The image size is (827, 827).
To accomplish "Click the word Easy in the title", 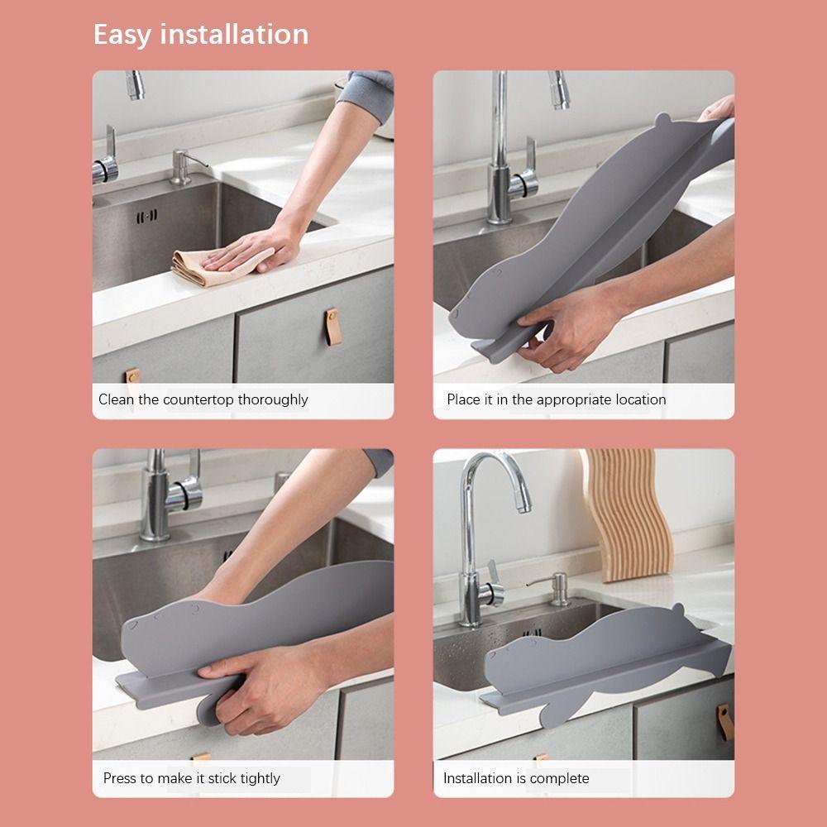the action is tap(123, 36).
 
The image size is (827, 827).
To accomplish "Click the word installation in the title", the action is tap(234, 34).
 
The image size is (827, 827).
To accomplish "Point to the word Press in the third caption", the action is tap(120, 778).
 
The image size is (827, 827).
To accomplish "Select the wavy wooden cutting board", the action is tap(627, 514).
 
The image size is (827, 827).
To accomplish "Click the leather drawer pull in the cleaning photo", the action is tap(332, 327).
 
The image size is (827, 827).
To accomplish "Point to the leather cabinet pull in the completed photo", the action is tap(724, 722).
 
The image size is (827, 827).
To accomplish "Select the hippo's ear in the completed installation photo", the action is tap(678, 609).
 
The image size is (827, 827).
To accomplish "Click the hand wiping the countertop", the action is tap(253, 249).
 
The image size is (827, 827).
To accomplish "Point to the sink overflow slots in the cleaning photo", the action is tap(146, 216).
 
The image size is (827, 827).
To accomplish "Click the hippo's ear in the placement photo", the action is tap(662, 120).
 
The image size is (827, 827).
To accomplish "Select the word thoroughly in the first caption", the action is tap(273, 399).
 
